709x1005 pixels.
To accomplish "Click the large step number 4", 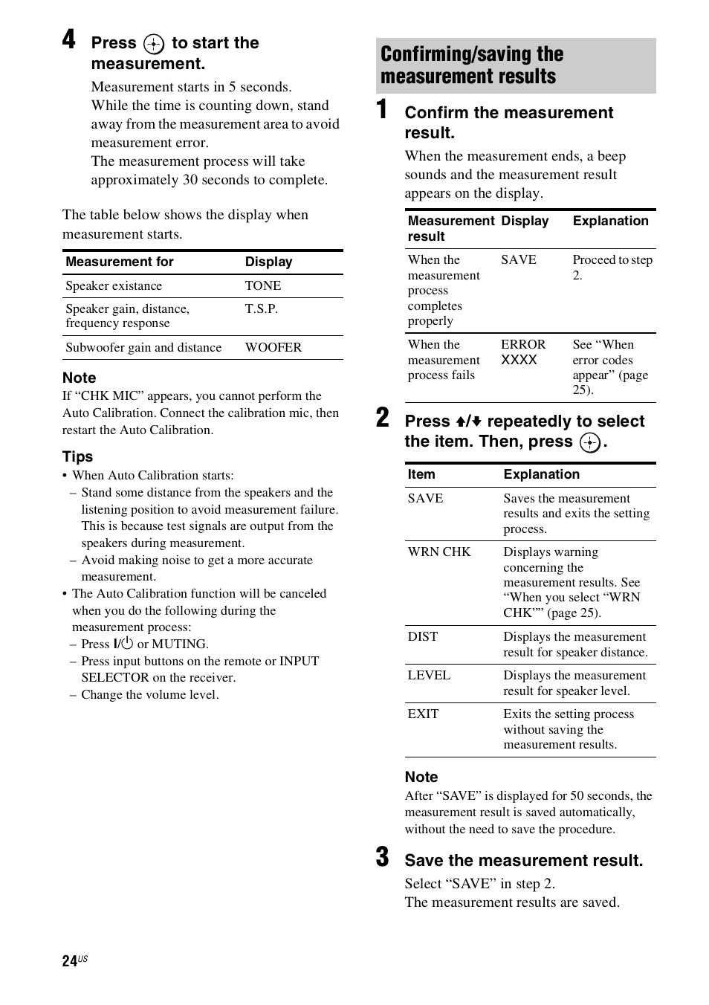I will pos(69,39).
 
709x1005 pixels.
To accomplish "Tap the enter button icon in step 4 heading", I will pos(154,45).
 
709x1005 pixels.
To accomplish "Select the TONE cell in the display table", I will pos(263,286).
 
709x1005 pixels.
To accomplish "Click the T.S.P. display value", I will pos(262,309).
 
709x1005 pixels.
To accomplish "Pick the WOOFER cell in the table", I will pos(273,348).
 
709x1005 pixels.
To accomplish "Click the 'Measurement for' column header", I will pos(120,262).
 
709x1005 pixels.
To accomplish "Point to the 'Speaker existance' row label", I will pos(114,286).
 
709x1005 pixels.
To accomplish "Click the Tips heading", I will pos(78,456).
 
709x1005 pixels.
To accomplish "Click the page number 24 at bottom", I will pos(70,961).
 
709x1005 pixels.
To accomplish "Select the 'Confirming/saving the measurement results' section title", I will pos(472,65).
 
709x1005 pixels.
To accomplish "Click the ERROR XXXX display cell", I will pos(522,352).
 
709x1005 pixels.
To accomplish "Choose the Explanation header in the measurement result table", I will pos(610,222).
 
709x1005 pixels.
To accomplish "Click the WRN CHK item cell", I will pos(439,552).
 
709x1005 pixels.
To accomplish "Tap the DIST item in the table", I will pos(423,637).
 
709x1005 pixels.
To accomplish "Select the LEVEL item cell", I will pos(429,676).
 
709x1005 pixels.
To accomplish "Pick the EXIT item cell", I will pos(423,714).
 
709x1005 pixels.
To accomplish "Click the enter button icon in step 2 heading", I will pos(590,443).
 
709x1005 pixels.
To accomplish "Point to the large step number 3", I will pos(383,857).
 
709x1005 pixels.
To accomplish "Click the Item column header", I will pos(421,475).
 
